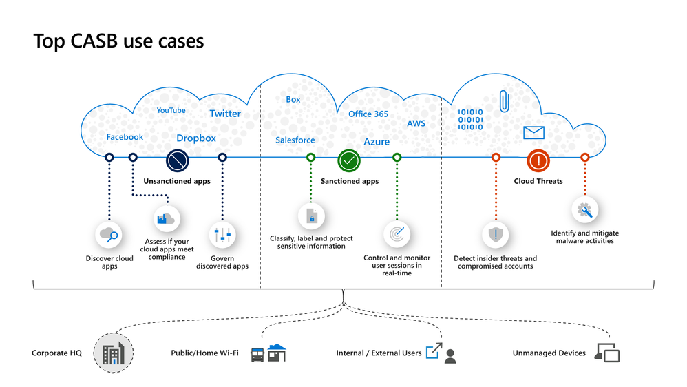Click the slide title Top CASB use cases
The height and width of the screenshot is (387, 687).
point(118,41)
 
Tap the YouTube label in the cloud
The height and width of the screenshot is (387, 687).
point(171,110)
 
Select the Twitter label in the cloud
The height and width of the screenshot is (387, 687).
point(225,114)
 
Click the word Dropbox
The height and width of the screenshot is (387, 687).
point(196,138)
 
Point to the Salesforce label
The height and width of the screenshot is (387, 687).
point(295,140)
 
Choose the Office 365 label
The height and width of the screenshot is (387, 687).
point(368,114)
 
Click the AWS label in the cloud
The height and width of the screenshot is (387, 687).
point(416,124)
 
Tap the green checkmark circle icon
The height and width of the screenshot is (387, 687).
point(349,161)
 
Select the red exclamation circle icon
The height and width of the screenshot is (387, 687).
point(538,161)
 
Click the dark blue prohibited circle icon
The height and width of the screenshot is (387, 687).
point(177,161)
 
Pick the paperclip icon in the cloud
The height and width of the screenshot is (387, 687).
point(504,101)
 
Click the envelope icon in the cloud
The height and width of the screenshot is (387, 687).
point(533,133)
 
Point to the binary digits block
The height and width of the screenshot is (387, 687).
point(471,119)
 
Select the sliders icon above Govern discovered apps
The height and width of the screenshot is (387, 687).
point(222,236)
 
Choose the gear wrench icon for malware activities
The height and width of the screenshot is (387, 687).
point(584,210)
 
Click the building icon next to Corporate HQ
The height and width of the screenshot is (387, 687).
point(113,354)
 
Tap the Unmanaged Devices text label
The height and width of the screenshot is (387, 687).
point(549,353)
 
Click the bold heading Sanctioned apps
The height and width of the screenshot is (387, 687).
point(350,182)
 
